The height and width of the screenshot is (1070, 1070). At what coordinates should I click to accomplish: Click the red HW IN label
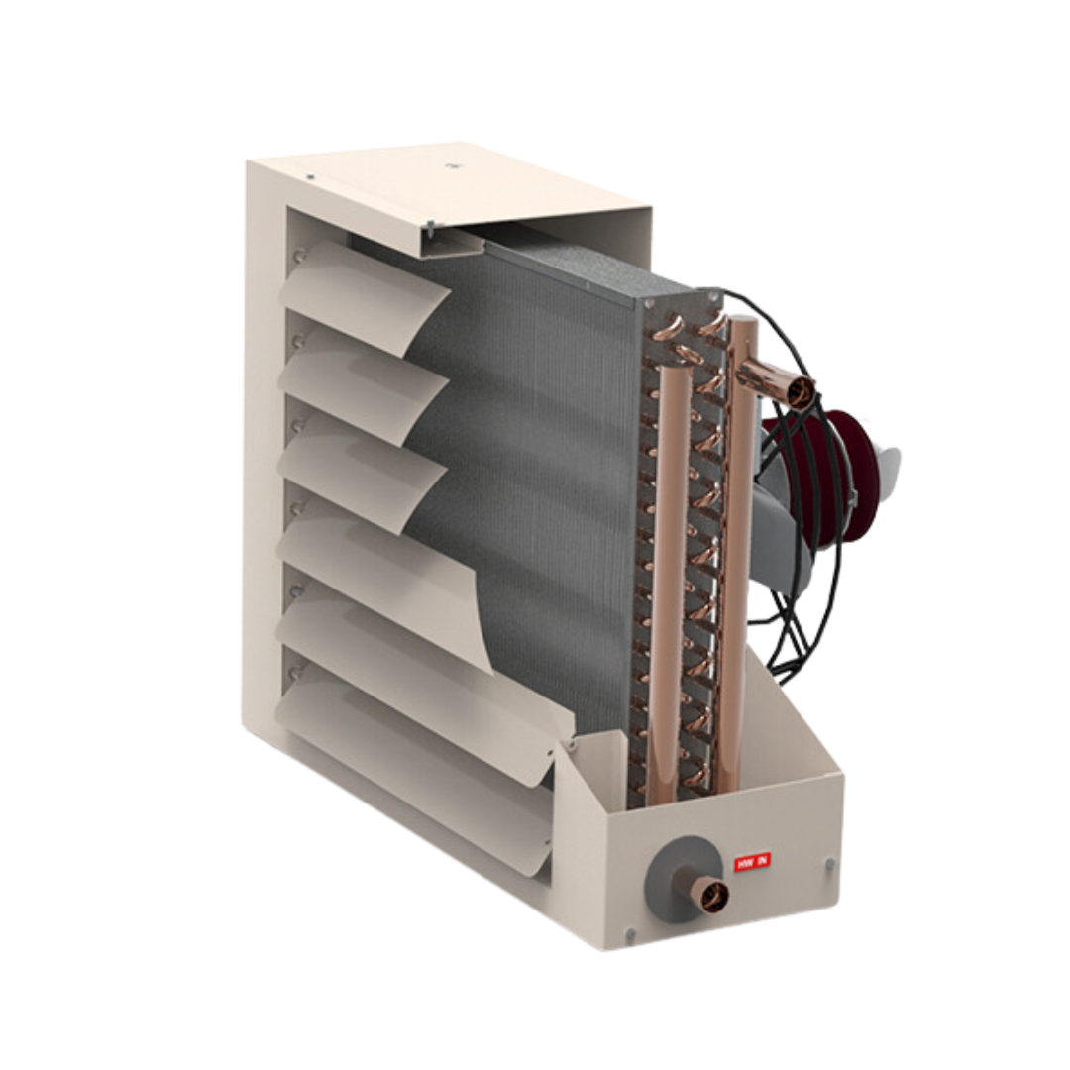[750, 863]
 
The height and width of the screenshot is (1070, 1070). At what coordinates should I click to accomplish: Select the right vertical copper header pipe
[737, 555]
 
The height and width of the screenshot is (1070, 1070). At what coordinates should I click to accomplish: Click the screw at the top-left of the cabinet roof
[310, 177]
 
